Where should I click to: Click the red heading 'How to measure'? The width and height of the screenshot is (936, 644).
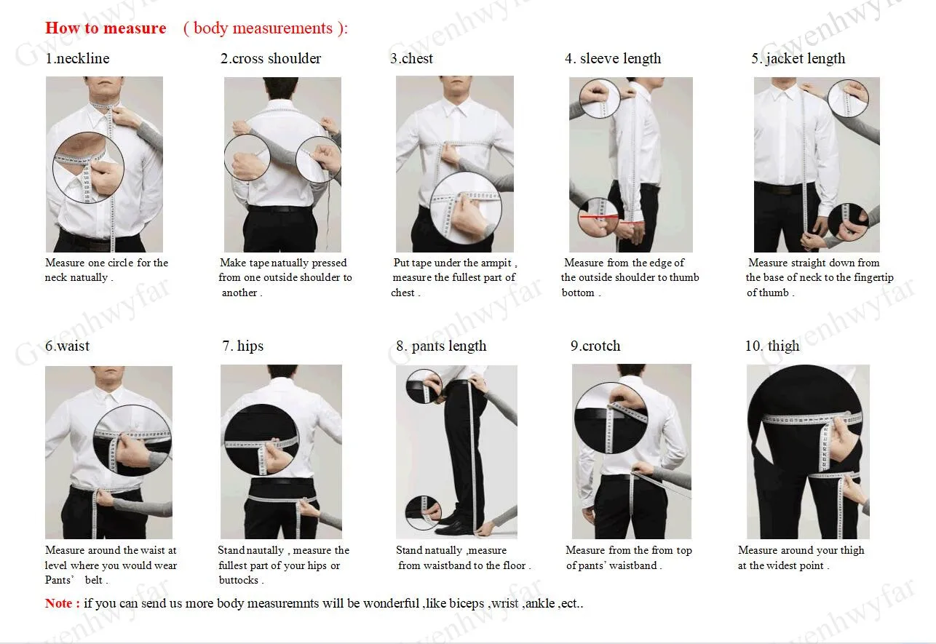106,28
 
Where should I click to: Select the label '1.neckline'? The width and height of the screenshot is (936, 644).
77,59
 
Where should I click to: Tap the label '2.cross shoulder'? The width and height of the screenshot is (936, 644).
271,59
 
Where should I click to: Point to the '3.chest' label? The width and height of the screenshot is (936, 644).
411,59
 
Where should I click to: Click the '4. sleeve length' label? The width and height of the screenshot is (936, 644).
613,59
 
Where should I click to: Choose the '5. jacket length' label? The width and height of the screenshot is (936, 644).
798,59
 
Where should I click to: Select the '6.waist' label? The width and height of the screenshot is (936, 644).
67,346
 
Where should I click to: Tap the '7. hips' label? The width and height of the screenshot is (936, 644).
243,346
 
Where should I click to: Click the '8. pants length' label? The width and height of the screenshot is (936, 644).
441,346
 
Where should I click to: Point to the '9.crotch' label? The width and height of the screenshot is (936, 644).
595,346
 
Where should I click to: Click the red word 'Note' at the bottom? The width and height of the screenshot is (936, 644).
59,603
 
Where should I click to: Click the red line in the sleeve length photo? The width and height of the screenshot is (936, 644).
599,216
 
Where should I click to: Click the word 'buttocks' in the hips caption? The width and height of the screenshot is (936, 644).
239,580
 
